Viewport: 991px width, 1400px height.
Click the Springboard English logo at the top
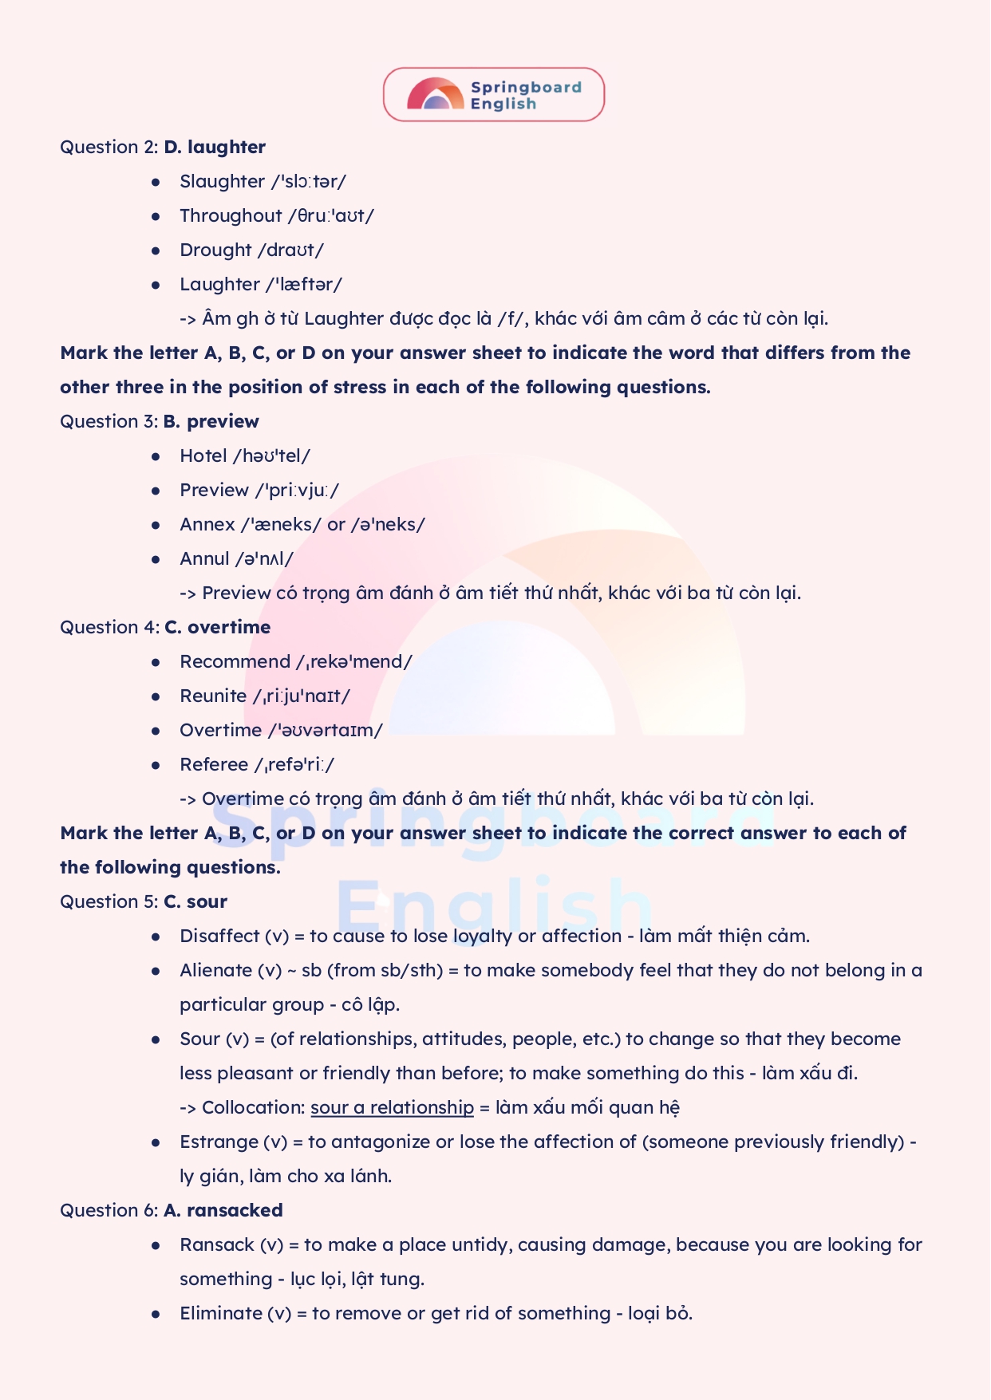[x=494, y=95]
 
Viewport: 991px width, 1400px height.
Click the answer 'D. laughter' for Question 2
[x=215, y=148]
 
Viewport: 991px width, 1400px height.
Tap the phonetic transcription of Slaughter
[x=308, y=182]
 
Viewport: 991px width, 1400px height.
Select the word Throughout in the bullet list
[x=231, y=216]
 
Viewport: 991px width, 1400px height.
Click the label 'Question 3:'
[x=109, y=422]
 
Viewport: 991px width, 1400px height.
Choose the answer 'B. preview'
[x=211, y=422]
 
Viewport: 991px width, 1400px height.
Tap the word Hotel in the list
[x=203, y=456]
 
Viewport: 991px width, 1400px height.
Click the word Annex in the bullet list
[x=207, y=525]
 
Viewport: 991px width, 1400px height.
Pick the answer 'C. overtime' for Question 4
[x=218, y=628]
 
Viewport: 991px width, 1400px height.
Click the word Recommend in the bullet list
[x=235, y=662]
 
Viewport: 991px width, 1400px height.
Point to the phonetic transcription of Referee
[x=294, y=765]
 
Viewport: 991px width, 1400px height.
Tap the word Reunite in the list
[x=213, y=696]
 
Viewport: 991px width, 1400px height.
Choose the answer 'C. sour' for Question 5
[x=195, y=902]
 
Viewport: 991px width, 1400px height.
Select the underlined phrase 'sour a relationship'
[x=392, y=1108]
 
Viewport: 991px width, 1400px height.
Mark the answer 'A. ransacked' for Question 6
[x=223, y=1211]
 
